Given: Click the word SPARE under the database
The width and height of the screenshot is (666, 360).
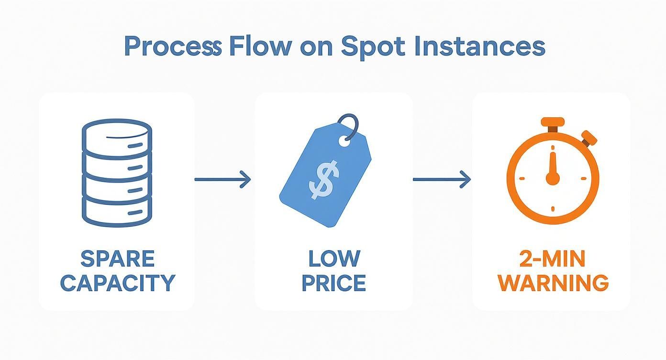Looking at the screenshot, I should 118,259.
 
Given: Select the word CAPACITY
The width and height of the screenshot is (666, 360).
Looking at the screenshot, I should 118,283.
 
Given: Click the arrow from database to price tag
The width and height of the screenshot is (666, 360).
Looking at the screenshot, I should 222,180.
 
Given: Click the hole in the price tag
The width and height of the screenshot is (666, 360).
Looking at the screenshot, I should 344,141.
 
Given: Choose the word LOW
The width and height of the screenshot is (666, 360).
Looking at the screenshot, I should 334,259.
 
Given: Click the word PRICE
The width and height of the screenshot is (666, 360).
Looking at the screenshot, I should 334,283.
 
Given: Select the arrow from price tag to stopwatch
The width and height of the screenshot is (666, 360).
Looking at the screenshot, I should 441,180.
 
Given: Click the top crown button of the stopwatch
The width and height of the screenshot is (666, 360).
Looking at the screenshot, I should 553,123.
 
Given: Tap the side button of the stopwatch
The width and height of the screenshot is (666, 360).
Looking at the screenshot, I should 589,138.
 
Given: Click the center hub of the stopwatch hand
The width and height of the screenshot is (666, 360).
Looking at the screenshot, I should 553,179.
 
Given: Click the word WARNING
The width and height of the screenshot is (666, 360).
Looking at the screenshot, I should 553,283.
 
